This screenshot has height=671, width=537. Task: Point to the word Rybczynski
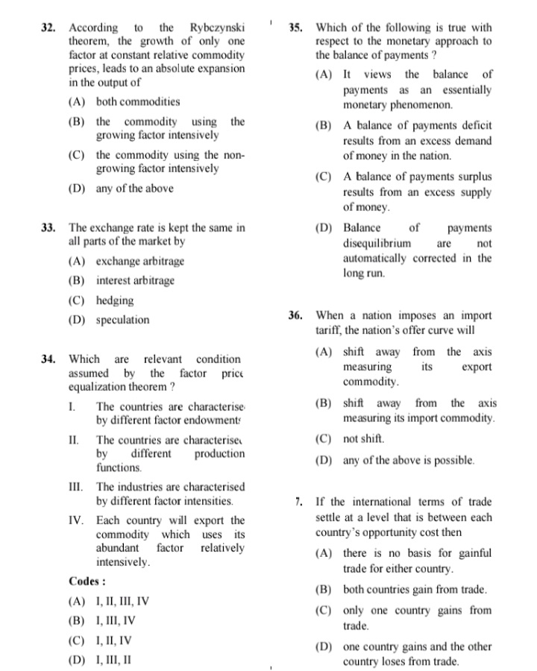click(217, 28)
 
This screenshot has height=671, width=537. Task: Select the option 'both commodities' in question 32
click(137, 102)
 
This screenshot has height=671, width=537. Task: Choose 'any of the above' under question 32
click(134, 189)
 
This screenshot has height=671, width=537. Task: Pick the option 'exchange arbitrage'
click(139, 262)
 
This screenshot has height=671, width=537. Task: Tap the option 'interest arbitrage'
click(135, 281)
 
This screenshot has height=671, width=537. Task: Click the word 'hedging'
click(115, 300)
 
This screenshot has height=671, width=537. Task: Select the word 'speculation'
click(122, 321)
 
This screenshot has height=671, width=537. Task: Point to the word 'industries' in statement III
click(142, 486)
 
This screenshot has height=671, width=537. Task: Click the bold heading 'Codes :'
click(87, 581)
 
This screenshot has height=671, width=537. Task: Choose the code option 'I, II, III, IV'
click(122, 601)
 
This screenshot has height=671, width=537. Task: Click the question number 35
click(295, 28)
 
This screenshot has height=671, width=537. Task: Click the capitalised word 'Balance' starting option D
click(362, 228)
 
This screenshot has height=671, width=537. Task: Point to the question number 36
click(295, 315)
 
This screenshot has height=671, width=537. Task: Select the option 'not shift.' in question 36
click(362, 439)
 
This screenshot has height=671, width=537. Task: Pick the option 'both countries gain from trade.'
click(415, 590)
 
